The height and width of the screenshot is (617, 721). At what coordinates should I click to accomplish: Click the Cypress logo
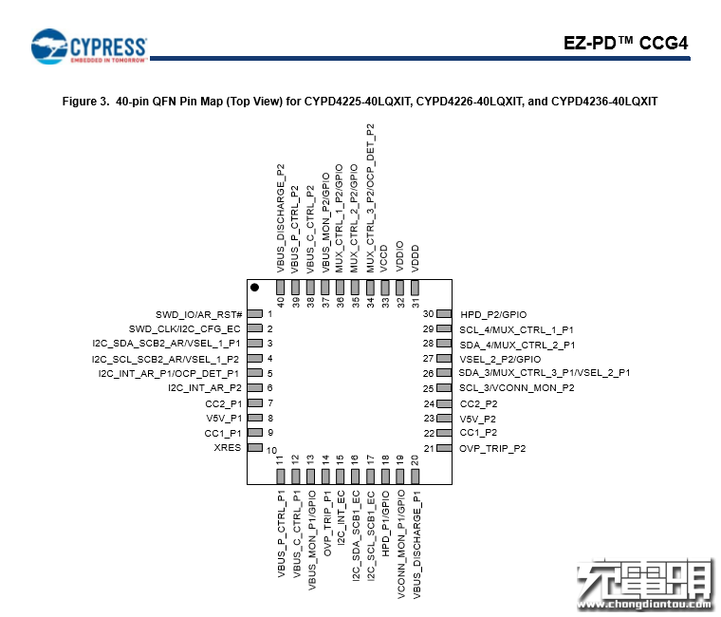click(x=89, y=47)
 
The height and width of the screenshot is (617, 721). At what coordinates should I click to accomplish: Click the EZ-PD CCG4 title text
click(x=626, y=44)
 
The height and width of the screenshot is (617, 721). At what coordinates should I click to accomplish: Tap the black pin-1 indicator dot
click(x=254, y=287)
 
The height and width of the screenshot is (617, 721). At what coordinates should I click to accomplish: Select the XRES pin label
click(x=227, y=448)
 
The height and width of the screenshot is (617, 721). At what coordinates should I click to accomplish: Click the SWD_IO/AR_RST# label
click(x=198, y=315)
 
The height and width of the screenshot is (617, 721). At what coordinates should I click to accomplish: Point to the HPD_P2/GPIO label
click(x=493, y=315)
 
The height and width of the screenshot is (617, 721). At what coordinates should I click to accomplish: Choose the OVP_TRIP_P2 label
click(x=492, y=449)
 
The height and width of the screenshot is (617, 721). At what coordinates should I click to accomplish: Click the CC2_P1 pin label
click(x=224, y=404)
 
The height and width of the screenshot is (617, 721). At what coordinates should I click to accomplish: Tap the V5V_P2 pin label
click(x=478, y=420)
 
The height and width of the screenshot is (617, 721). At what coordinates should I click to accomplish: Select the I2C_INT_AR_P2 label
click(x=205, y=388)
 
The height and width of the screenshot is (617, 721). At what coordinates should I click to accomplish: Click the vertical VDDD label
click(x=416, y=258)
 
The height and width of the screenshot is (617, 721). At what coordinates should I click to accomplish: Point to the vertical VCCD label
click(x=384, y=258)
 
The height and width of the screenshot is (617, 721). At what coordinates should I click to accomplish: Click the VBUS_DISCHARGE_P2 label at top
click(x=281, y=218)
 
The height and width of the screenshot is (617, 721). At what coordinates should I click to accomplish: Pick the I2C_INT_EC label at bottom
click(x=341, y=518)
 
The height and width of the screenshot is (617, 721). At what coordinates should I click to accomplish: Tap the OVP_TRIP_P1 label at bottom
click(x=327, y=523)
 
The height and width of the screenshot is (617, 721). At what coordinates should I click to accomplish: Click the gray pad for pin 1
click(x=255, y=314)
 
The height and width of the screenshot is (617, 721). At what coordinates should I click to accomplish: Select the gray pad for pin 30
click(x=444, y=314)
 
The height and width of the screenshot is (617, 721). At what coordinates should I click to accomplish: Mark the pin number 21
click(x=429, y=448)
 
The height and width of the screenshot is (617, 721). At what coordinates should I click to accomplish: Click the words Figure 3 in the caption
click(x=85, y=102)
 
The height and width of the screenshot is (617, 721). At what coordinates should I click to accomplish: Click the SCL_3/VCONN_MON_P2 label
click(x=517, y=388)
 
